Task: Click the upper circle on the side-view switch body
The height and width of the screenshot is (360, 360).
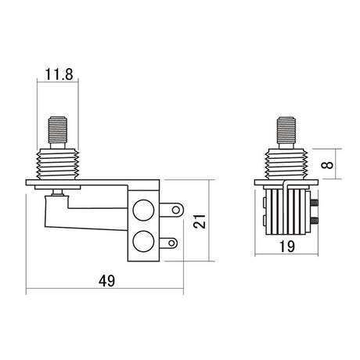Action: pyautogui.click(x=144, y=211)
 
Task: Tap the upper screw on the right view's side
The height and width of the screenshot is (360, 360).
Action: pyautogui.click(x=315, y=204)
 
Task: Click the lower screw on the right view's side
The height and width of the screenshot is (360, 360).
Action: pyautogui.click(x=315, y=221)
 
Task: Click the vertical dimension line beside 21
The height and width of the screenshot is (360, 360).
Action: pyautogui.click(x=211, y=222)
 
